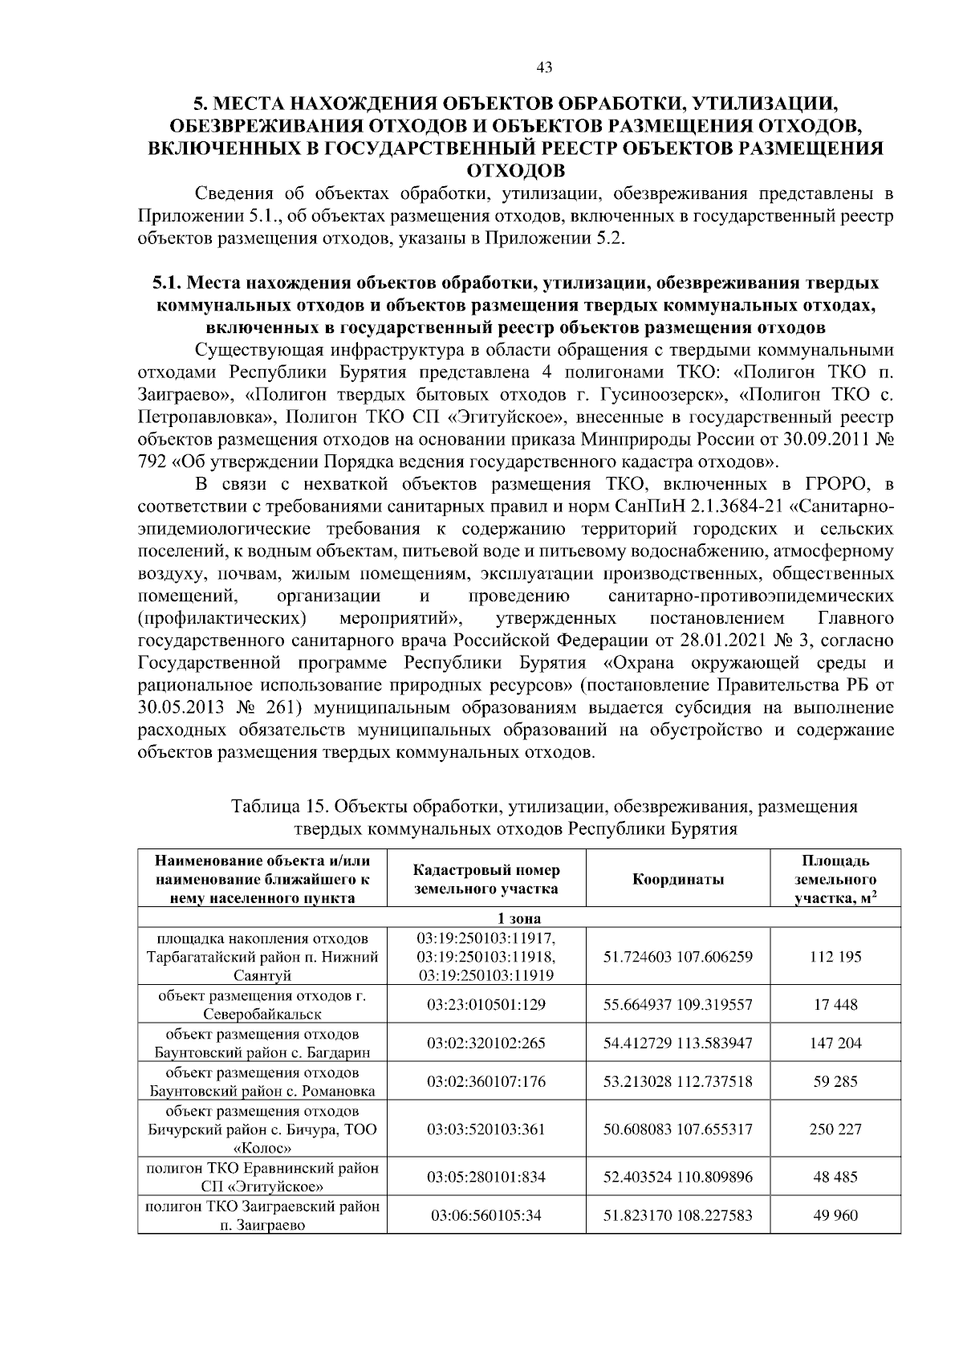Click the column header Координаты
678,879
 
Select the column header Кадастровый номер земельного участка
486,879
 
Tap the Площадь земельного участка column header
835,879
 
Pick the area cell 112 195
835,957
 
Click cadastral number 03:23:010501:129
486,1004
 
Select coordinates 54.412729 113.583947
678,1043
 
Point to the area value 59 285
835,1081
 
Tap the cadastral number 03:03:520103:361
486,1129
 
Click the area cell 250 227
835,1129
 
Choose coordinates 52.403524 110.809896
678,1177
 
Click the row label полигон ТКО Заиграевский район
262,1206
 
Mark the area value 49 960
835,1215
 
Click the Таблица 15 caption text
543,806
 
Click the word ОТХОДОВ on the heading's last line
515,170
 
